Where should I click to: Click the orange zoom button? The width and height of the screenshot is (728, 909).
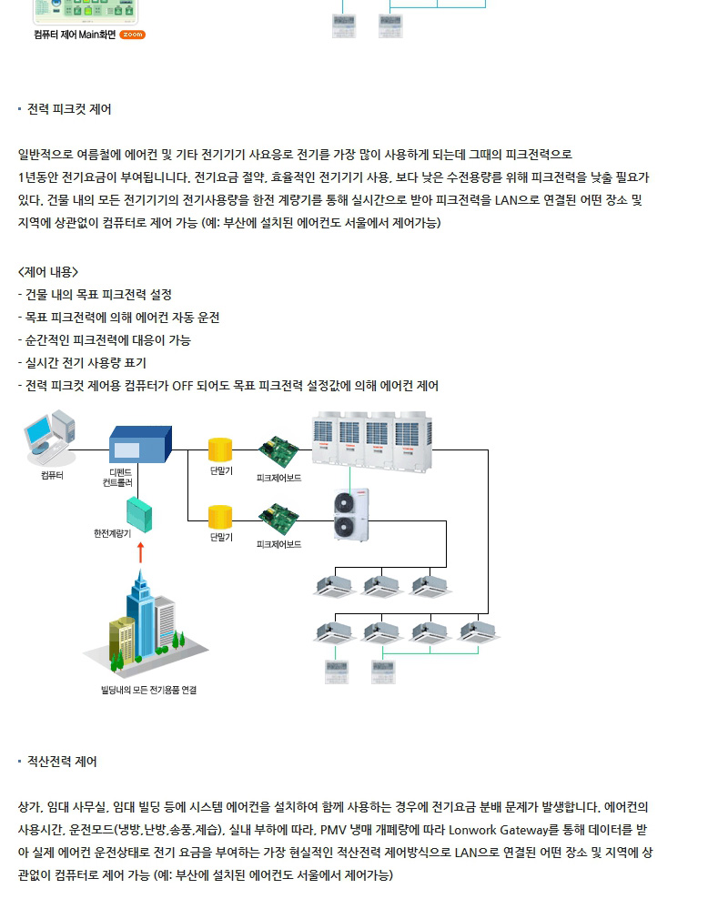pyautogui.click(x=132, y=35)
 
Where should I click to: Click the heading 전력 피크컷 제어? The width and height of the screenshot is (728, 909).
pyautogui.click(x=69, y=109)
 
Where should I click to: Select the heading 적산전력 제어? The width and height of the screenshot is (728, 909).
pyautogui.click(x=62, y=762)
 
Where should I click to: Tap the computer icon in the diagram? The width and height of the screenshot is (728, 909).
pyautogui.click(x=50, y=438)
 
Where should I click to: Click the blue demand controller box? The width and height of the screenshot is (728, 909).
pyautogui.click(x=140, y=445)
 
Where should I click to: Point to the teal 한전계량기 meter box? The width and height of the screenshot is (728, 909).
pyautogui.click(x=139, y=514)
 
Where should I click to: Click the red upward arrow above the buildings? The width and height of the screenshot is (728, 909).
pyautogui.click(x=140, y=552)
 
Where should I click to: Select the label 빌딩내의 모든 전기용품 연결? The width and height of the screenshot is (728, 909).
pyautogui.click(x=149, y=690)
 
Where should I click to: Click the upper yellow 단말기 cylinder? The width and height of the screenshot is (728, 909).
pyautogui.click(x=220, y=449)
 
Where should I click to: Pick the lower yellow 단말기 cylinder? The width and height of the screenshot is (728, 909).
pyautogui.click(x=220, y=517)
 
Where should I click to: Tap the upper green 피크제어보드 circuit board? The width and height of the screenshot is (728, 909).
pyautogui.click(x=278, y=451)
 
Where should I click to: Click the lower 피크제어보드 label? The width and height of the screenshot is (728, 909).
pyautogui.click(x=278, y=544)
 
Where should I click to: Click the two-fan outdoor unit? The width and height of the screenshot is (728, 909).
pyautogui.click(x=351, y=515)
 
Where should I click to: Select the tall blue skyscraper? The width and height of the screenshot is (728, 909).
pyautogui.click(x=141, y=614)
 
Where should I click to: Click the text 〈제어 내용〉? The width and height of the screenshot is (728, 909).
pyautogui.click(x=48, y=272)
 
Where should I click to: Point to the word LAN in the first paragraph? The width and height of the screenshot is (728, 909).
pyautogui.click(x=505, y=200)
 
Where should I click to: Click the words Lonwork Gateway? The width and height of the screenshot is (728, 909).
pyautogui.click(x=498, y=830)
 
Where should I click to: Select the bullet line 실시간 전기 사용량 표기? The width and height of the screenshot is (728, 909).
pyautogui.click(x=82, y=363)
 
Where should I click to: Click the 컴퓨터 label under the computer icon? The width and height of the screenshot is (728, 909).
pyautogui.click(x=52, y=475)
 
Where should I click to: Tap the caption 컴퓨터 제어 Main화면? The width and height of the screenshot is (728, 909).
pyautogui.click(x=75, y=35)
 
